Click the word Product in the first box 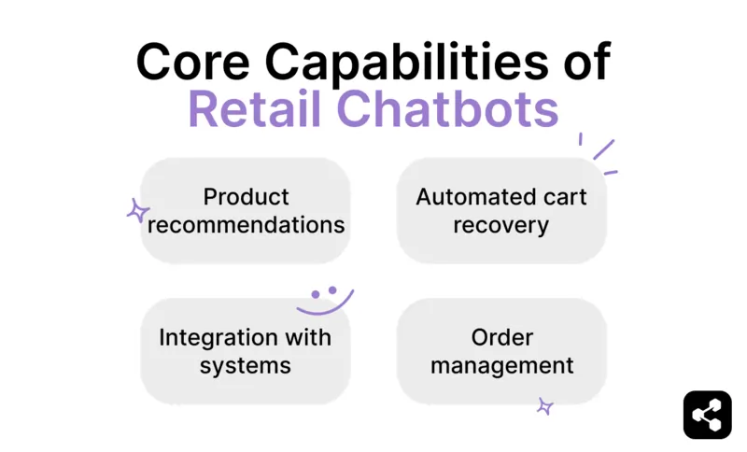(x=247, y=197)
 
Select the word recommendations (x=247, y=225)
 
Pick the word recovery (x=501, y=225)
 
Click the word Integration (x=218, y=337)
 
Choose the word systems (x=246, y=365)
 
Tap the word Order (x=501, y=337)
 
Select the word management (x=501, y=365)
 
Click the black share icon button (x=707, y=415)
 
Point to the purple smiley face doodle (x=324, y=300)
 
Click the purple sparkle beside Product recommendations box (x=138, y=211)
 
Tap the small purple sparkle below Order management (x=545, y=406)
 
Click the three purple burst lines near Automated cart (x=598, y=155)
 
